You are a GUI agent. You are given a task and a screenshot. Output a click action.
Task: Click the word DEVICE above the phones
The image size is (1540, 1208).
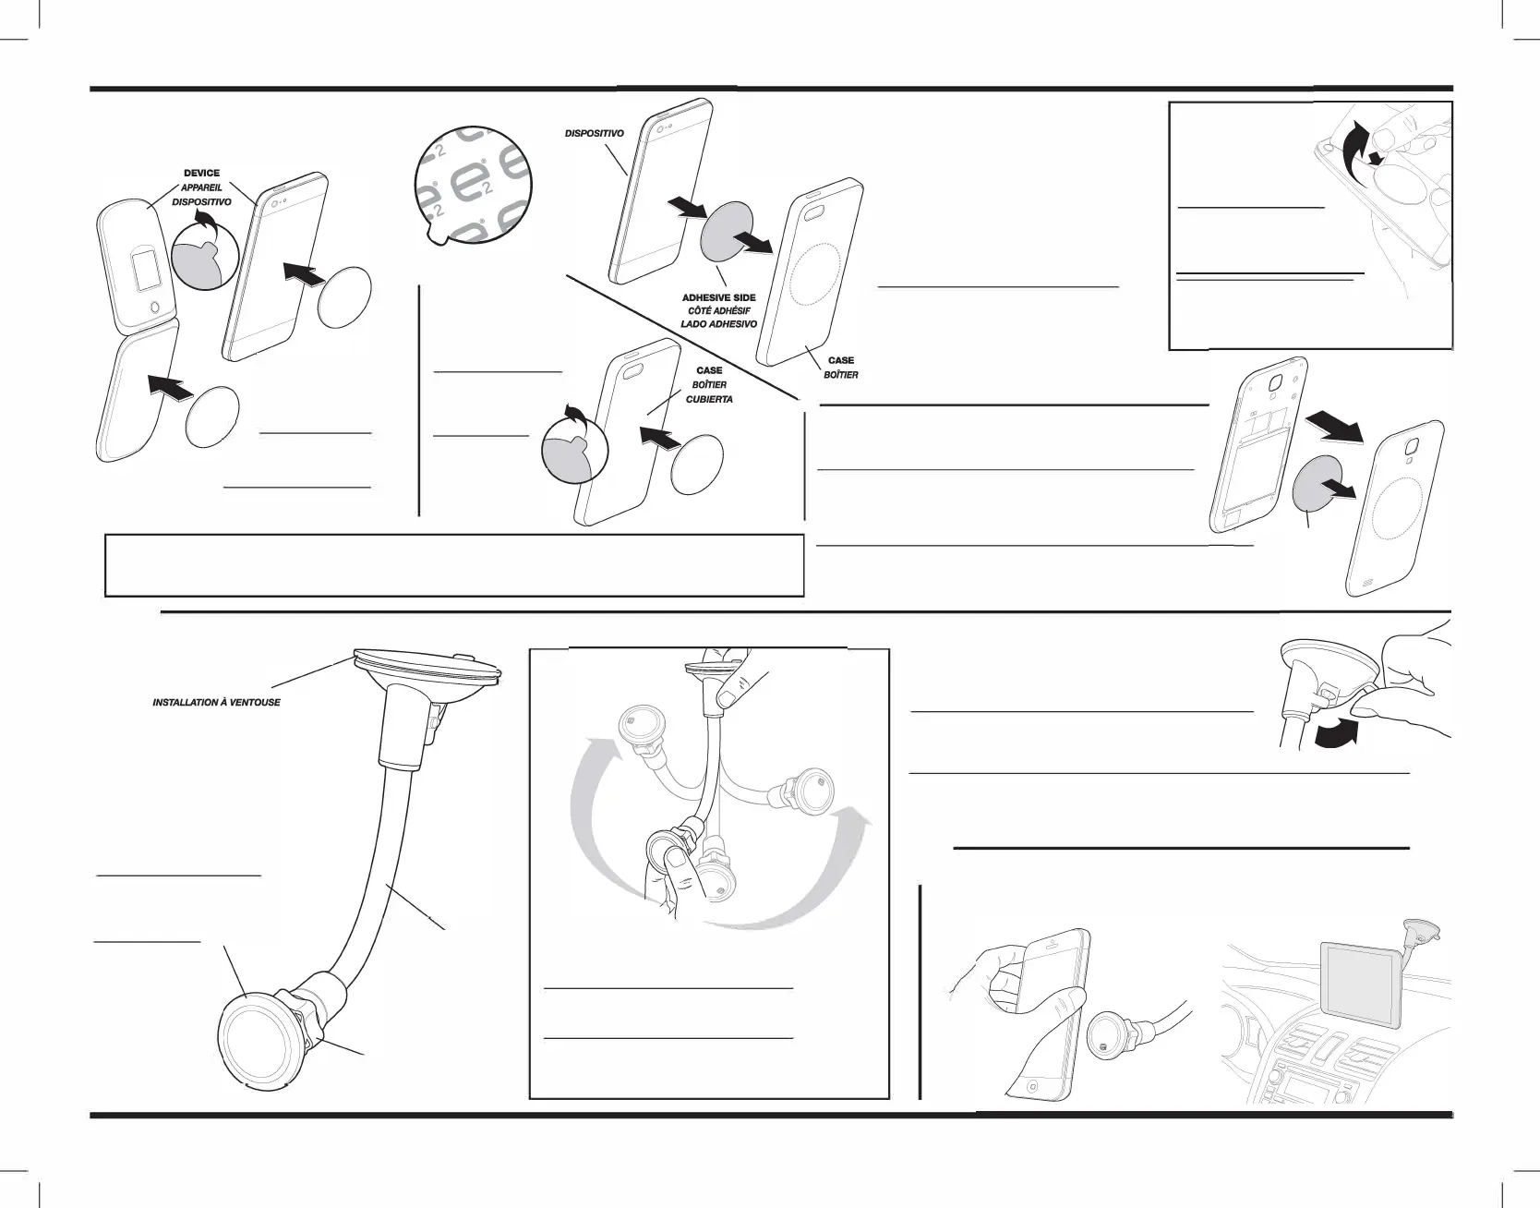pyautogui.click(x=202, y=173)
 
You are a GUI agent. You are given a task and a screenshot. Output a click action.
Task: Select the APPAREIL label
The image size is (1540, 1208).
pyautogui.click(x=201, y=187)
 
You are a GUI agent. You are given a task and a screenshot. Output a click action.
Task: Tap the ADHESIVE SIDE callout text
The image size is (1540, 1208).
pyautogui.click(x=718, y=297)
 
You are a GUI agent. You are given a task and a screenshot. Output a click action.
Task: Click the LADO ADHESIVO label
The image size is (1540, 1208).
pyautogui.click(x=718, y=324)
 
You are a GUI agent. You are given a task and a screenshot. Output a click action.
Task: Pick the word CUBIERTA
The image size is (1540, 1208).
pyautogui.click(x=709, y=399)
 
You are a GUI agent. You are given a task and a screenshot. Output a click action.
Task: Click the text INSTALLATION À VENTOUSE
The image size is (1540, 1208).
pyautogui.click(x=216, y=703)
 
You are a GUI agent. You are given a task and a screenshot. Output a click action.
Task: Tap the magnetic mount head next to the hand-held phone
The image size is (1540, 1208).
pyautogui.click(x=1109, y=1032)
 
